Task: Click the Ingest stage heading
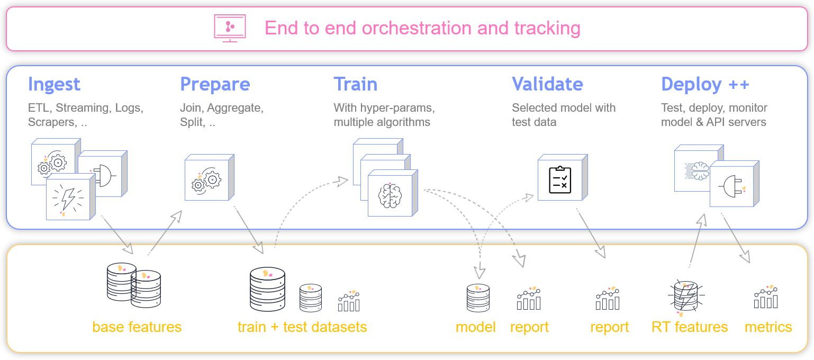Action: (x=54, y=84)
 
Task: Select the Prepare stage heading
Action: (x=215, y=84)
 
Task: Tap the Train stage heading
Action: (x=355, y=84)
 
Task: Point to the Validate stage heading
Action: (x=547, y=84)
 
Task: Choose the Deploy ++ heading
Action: (x=705, y=84)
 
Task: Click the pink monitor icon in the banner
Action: (x=230, y=27)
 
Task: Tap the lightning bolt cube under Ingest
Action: (x=68, y=198)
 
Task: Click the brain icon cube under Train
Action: (x=390, y=194)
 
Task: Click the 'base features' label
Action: (x=137, y=327)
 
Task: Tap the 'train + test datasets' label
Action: (x=302, y=327)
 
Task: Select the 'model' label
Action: (x=475, y=327)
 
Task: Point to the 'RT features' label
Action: (x=690, y=327)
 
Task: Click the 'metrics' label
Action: (x=768, y=327)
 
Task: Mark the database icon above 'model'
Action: (x=478, y=298)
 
